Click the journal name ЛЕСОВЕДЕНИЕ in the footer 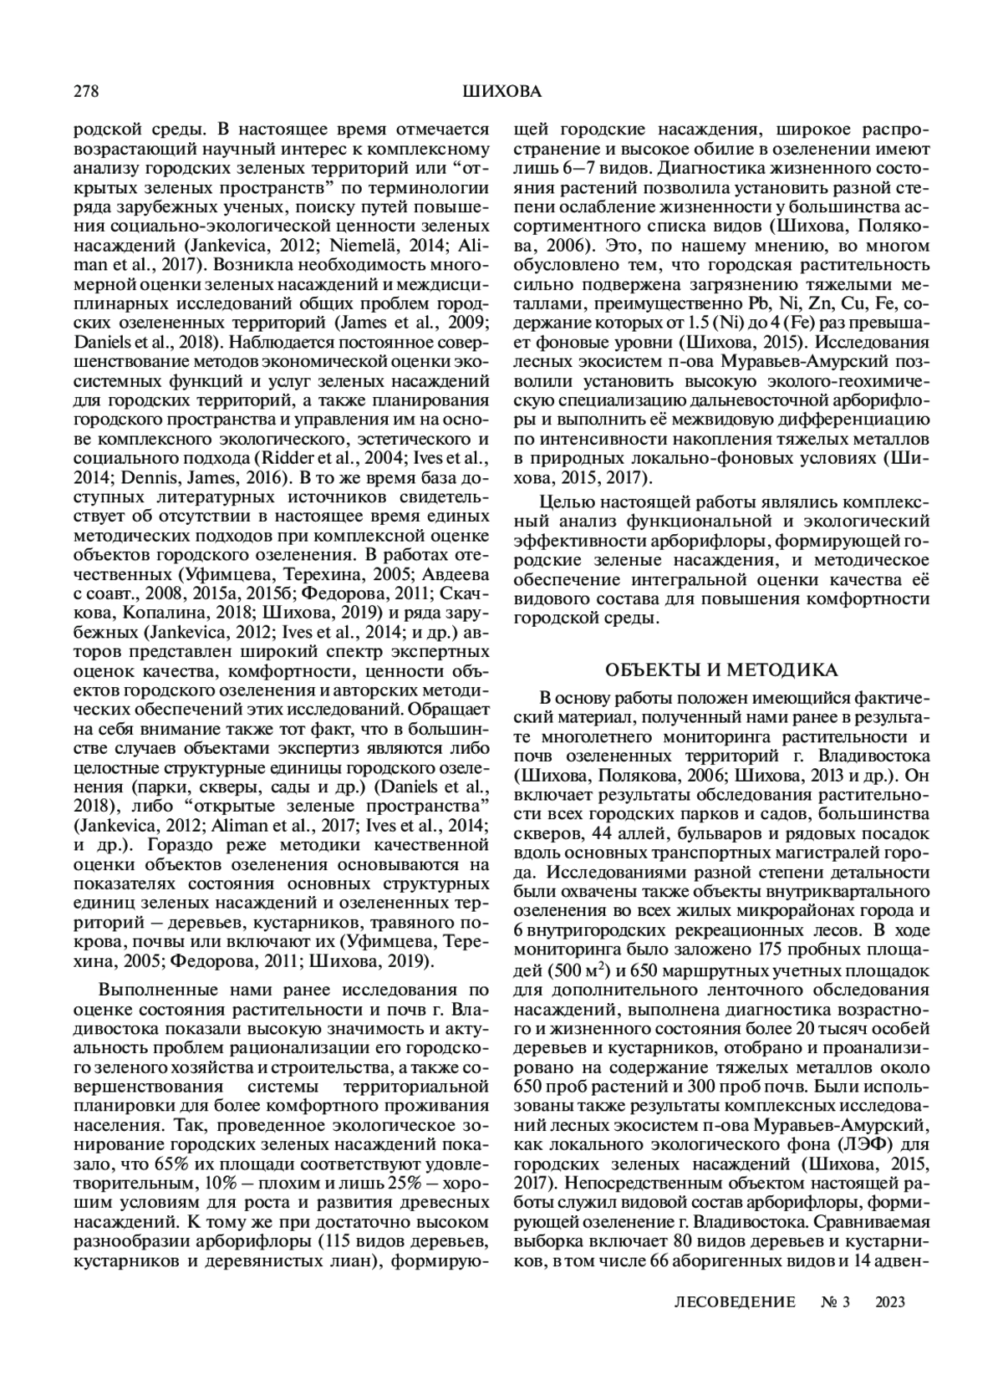[734, 1301]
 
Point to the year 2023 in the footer [891, 1301]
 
